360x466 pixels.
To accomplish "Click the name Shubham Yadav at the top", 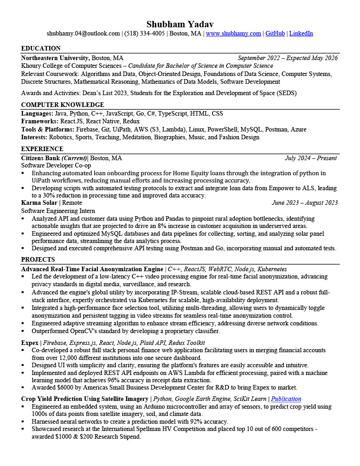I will [180, 24].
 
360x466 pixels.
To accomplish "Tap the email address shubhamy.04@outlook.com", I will [83, 34].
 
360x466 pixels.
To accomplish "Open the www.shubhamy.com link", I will [233, 34].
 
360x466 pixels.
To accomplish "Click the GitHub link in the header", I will [275, 34].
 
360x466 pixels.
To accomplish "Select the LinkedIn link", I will [301, 34].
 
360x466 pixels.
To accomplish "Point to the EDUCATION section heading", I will [41, 49].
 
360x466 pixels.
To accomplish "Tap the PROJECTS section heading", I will [38, 260].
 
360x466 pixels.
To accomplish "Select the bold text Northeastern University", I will [55, 58].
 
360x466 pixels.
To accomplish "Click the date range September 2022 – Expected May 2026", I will [288, 58].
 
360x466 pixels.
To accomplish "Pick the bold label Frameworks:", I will [40, 122].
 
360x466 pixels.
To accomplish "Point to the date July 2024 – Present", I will [311, 158].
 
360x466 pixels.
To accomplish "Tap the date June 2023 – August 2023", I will [304, 203].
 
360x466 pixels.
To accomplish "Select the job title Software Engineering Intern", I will [58, 211].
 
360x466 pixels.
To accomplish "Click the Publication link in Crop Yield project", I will [286, 399].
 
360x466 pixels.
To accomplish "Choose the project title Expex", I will [30, 343].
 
